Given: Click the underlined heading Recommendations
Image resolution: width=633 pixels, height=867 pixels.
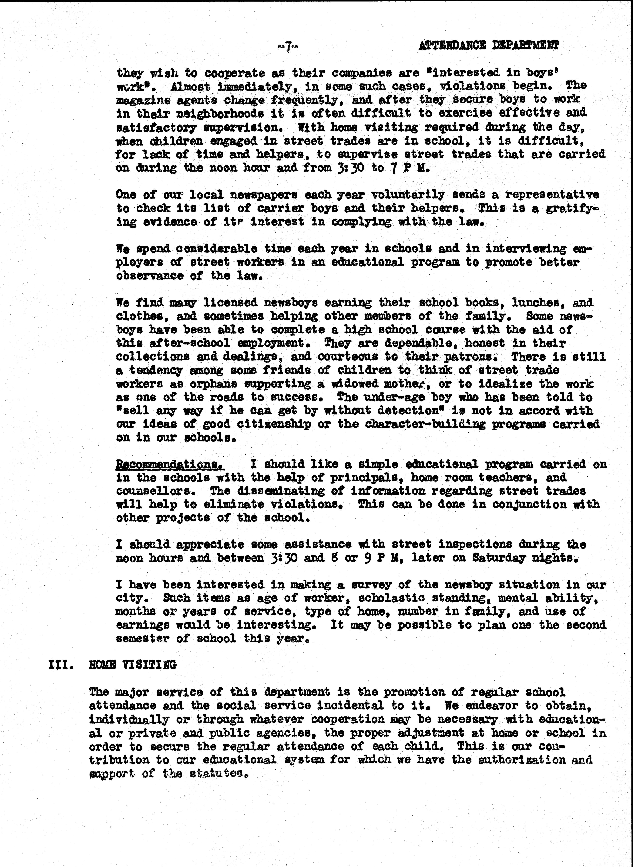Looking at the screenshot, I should tap(170, 464).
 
